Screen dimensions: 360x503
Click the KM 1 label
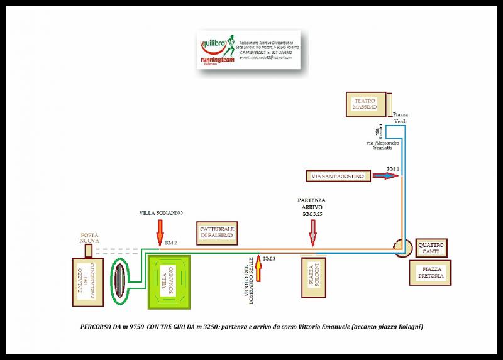[393, 170]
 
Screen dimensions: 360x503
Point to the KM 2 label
[170, 242]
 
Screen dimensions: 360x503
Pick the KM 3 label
[268, 259]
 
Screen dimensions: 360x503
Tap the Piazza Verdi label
[401, 118]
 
